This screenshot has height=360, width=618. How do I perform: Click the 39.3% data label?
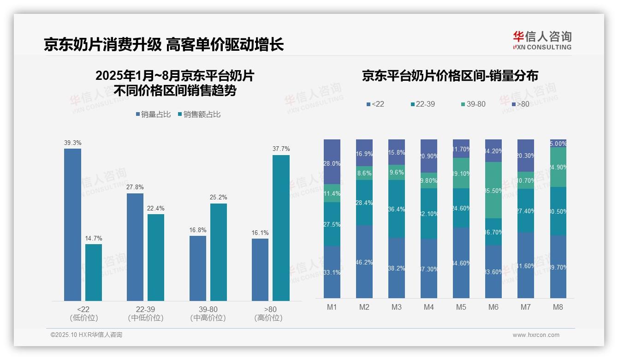pyautogui.click(x=72, y=143)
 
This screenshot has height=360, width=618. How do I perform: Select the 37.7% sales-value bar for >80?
pyautogui.click(x=281, y=228)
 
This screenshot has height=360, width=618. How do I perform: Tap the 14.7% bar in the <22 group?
pyautogui.click(x=94, y=272)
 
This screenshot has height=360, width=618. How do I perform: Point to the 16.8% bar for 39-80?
pyautogui.click(x=198, y=268)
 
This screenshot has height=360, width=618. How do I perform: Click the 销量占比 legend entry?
pyautogui.click(x=154, y=114)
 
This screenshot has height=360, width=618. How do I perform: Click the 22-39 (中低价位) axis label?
pyautogui.click(x=145, y=313)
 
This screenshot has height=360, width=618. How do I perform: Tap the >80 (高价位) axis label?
pyautogui.click(x=268, y=313)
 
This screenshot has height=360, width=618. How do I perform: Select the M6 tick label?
pyautogui.click(x=493, y=307)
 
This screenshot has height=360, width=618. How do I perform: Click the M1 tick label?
pyautogui.click(x=332, y=307)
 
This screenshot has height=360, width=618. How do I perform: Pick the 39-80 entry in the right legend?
pyautogui.click(x=473, y=104)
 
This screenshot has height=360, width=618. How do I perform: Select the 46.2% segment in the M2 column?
pyautogui.click(x=364, y=262)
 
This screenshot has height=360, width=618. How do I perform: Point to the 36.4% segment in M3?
pyautogui.click(x=397, y=209)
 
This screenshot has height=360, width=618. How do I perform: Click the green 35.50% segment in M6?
pyautogui.click(x=493, y=190)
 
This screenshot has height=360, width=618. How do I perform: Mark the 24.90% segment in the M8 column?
pyautogui.click(x=558, y=167)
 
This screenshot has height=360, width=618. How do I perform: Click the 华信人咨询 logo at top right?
pyautogui.click(x=542, y=40)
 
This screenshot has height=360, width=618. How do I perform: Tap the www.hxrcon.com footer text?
pyautogui.click(x=536, y=335)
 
